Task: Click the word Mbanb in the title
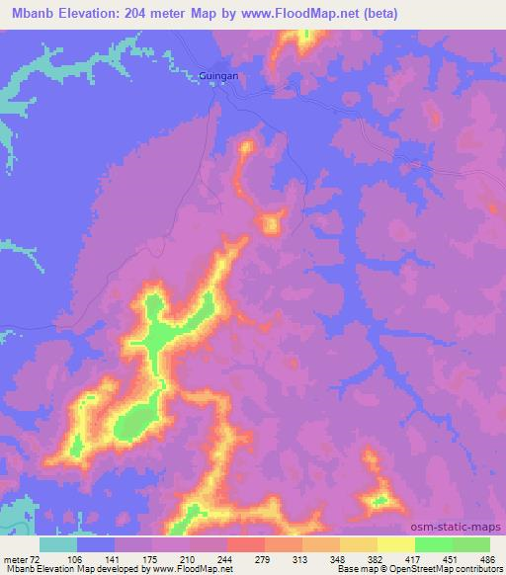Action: (26, 11)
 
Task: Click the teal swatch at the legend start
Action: (58, 544)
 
